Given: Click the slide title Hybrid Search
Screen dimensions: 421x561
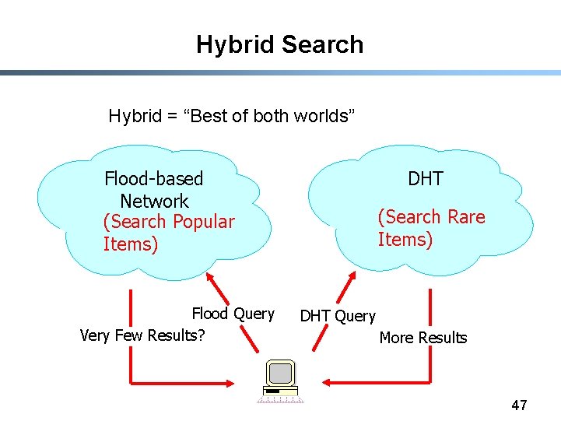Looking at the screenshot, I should coord(279,44).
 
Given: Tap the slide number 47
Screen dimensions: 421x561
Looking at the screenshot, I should coord(519,405).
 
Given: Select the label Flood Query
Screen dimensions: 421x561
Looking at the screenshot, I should coord(233,314).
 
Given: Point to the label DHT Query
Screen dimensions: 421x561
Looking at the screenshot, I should coord(338,316).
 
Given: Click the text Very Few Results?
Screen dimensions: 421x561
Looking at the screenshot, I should coord(142,336).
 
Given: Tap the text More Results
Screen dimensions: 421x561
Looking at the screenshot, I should coord(423,338).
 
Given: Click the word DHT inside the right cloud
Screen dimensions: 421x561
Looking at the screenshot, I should coord(426,179).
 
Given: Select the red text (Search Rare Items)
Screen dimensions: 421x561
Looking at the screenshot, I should coord(431,228).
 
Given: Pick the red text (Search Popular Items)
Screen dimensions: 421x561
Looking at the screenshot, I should coord(168,233).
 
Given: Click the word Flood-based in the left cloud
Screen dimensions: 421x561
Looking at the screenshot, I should coord(153,179).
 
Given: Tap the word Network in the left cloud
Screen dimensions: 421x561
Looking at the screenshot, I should coord(154,201).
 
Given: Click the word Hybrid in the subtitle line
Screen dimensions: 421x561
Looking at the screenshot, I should coord(135,117).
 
